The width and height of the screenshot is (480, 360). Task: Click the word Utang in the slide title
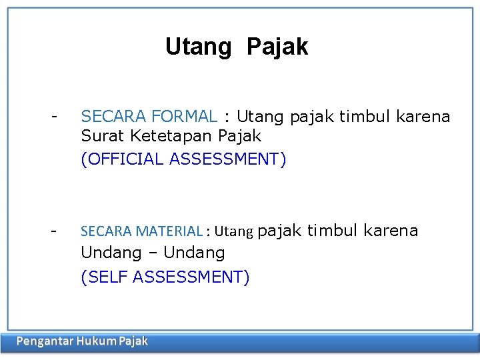(198, 47)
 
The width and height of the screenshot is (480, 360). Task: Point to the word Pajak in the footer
(133, 342)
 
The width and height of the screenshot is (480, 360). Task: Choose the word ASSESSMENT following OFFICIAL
(227, 159)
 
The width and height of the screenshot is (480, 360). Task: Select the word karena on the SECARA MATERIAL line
(390, 231)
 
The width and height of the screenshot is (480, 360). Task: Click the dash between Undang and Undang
(153, 253)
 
